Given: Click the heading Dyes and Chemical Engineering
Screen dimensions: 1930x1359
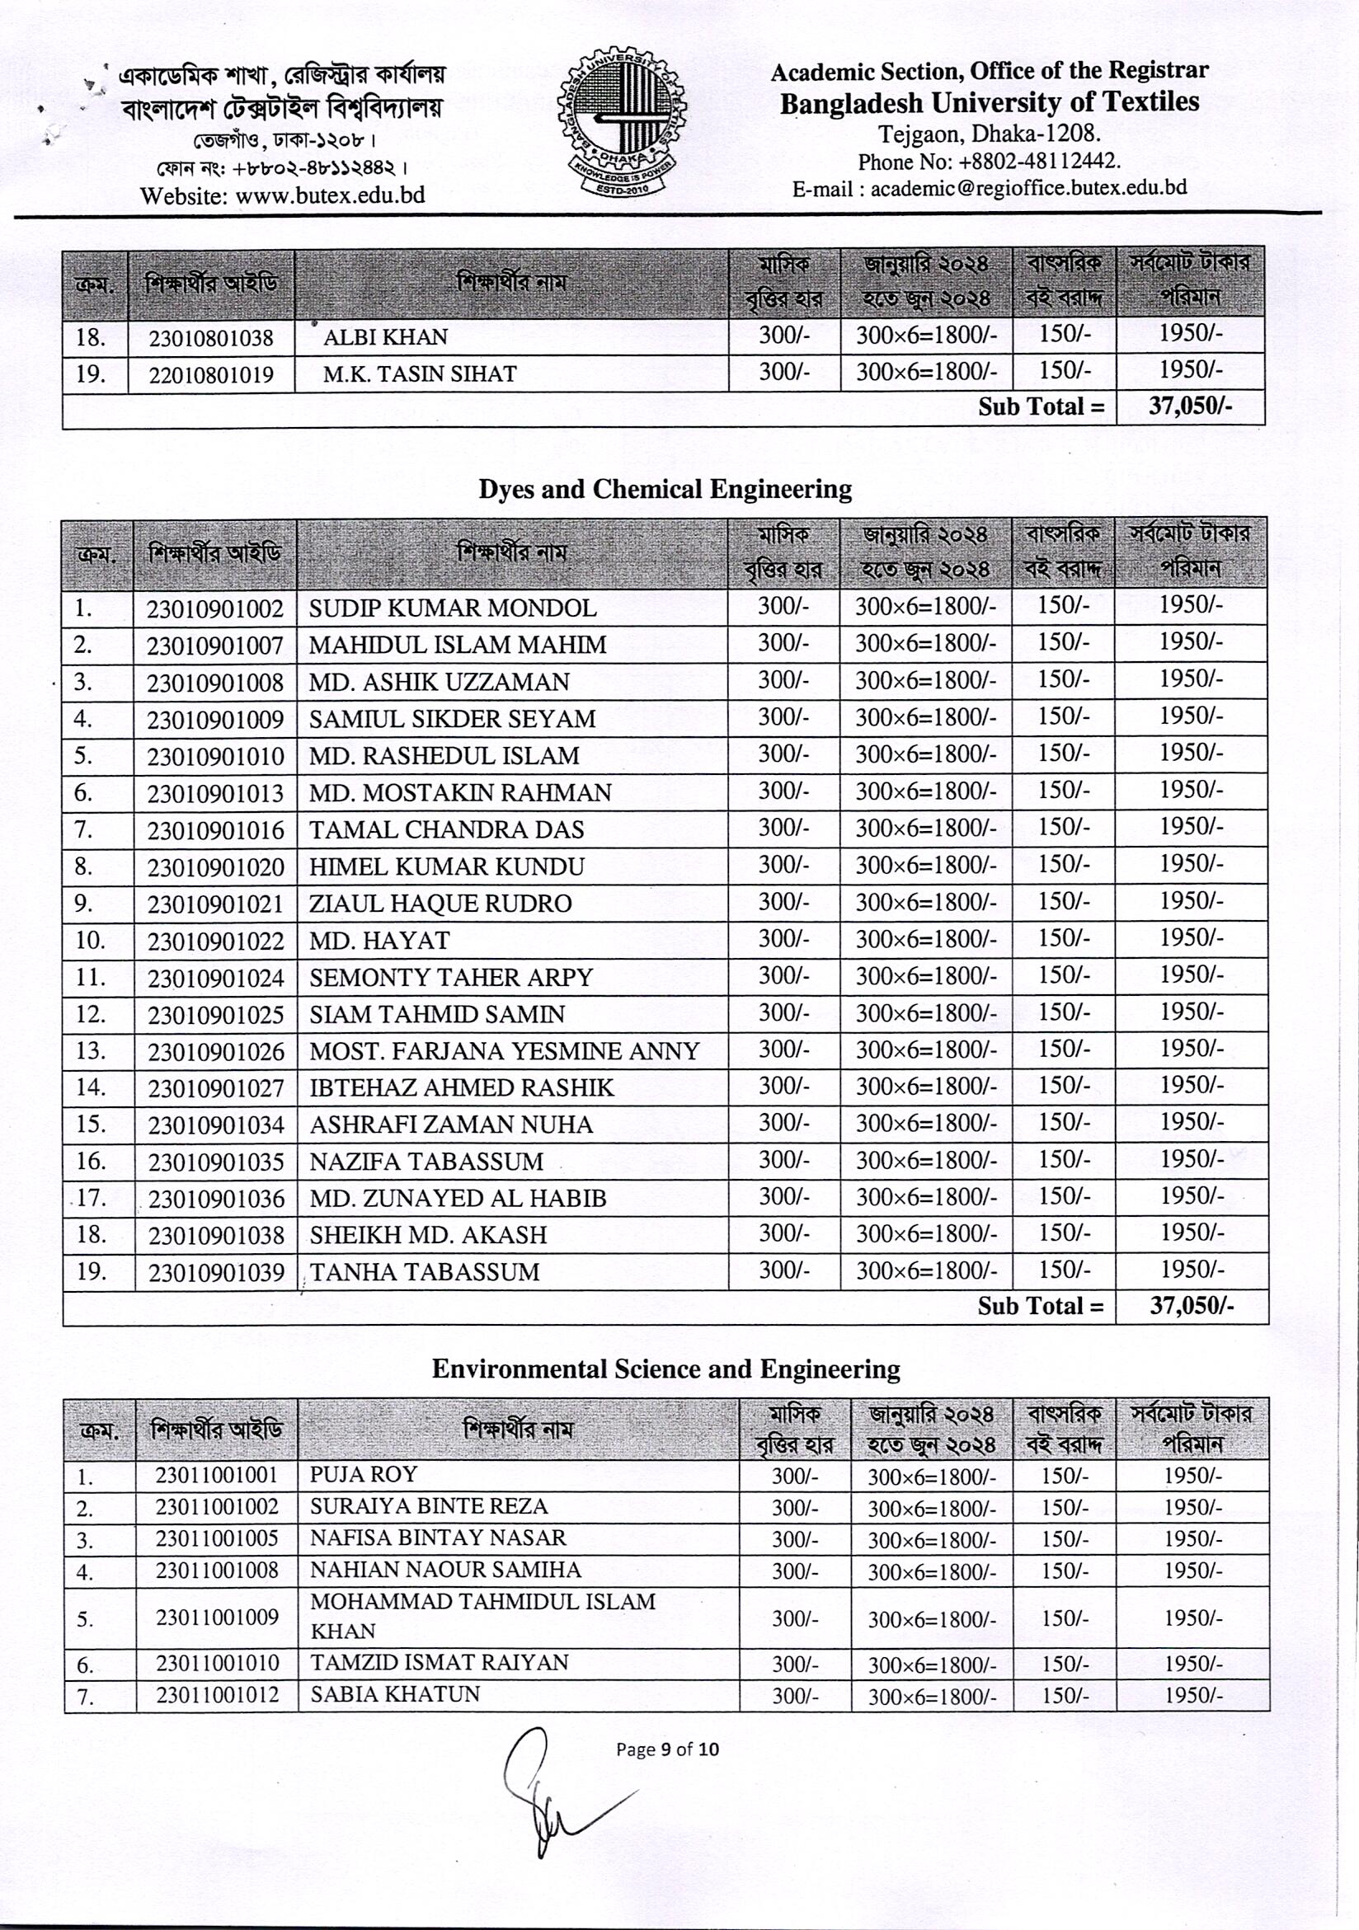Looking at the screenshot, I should (x=665, y=489).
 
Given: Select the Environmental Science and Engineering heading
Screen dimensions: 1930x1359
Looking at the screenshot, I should (x=665, y=1369).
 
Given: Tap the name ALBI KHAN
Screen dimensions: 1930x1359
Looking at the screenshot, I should (x=385, y=337).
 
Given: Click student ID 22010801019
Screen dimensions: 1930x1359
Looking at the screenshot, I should (x=211, y=375).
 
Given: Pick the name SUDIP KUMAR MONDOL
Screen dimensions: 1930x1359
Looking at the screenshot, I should (x=453, y=608).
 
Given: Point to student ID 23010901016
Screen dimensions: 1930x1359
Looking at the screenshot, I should (x=215, y=830).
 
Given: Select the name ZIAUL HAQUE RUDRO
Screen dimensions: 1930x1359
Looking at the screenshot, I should (x=440, y=904).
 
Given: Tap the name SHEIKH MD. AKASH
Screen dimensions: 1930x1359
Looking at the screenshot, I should (x=428, y=1235).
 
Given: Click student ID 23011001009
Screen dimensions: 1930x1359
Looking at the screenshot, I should (x=216, y=1617).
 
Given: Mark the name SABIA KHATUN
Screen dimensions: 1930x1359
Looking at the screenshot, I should (x=394, y=1693).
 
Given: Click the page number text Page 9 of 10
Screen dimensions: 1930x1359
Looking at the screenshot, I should (x=667, y=1749).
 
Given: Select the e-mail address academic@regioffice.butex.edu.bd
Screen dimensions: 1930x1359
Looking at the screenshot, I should (x=1028, y=188).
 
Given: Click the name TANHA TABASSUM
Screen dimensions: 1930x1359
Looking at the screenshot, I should (x=424, y=1272).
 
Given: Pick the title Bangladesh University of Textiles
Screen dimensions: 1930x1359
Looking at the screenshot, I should (x=989, y=103).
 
